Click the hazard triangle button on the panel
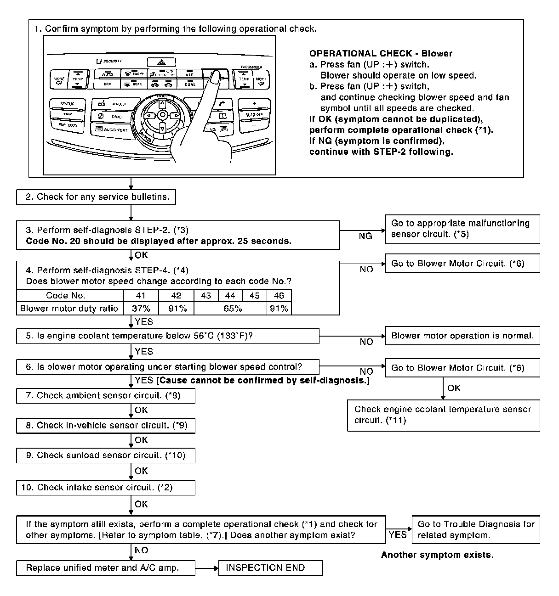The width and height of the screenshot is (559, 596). [161, 62]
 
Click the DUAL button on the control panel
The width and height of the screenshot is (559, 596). [190, 84]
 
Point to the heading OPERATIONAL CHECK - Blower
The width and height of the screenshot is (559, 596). [381, 54]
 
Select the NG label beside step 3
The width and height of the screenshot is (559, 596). [365, 236]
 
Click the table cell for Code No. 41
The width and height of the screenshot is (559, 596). [141, 296]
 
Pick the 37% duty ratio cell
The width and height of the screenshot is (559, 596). [141, 309]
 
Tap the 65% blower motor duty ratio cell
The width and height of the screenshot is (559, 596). [232, 309]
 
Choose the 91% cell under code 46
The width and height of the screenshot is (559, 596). [279, 309]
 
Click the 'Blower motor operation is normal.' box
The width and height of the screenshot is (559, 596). [462, 336]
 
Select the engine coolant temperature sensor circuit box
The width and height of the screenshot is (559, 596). [443, 415]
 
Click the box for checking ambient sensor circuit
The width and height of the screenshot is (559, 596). [105, 396]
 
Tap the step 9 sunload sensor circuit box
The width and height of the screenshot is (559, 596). [105, 455]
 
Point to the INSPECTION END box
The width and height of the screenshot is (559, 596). [271, 568]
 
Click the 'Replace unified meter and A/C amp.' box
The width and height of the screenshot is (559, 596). [105, 568]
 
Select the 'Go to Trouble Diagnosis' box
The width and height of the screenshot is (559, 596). [476, 529]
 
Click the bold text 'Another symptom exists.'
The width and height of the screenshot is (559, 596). [437, 555]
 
